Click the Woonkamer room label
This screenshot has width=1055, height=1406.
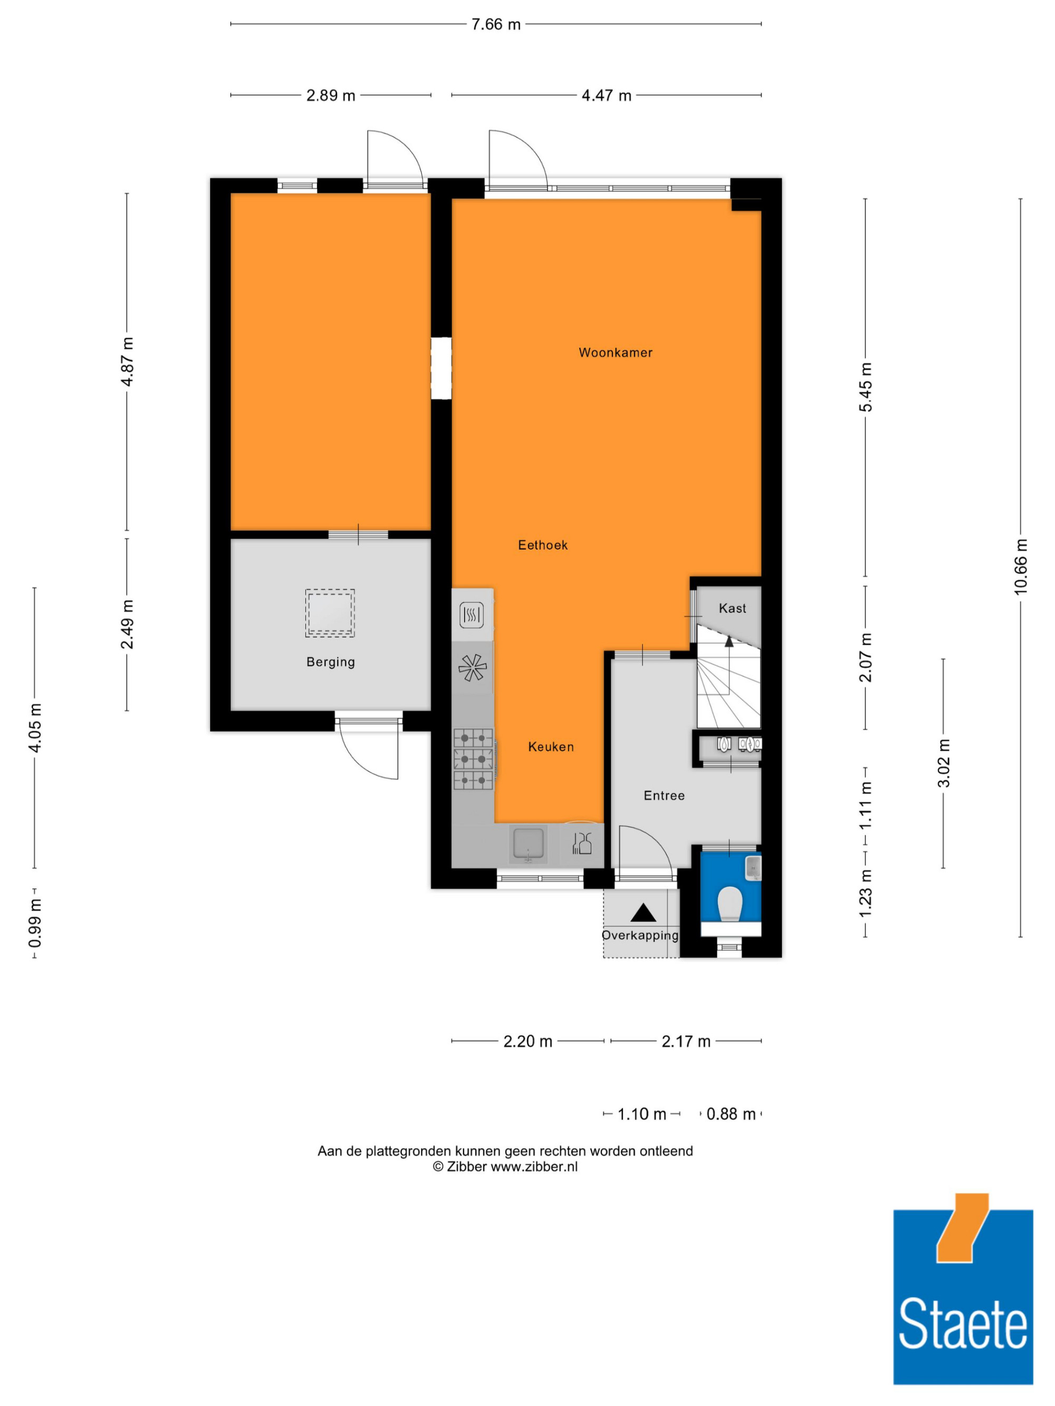point(615,353)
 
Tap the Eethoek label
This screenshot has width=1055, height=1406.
point(542,545)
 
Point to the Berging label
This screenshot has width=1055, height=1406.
point(331,662)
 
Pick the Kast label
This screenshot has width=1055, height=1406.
point(732,608)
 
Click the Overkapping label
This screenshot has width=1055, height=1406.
point(640,936)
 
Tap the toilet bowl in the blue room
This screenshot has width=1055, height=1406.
point(730,903)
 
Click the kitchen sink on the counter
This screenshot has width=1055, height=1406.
point(529,843)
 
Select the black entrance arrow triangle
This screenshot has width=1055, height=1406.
point(643,913)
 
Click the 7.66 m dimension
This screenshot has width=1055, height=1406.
point(495,24)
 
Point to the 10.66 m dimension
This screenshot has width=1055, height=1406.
point(1020,567)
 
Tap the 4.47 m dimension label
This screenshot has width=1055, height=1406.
point(606,95)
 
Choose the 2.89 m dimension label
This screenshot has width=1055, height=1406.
point(331,95)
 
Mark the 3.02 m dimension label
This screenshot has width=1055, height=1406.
point(943,763)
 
